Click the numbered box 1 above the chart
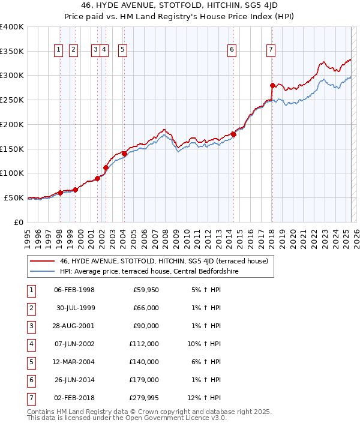pos(59,50)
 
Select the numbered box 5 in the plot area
pos(122,50)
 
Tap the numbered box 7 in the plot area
pos(271,50)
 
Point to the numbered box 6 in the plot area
pos(232,50)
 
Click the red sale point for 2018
pos(272,85)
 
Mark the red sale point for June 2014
pos(234,134)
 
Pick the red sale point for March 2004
pos(124,154)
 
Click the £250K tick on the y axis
pos(12,100)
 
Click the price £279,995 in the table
pos(142,398)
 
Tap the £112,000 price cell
pos(143,344)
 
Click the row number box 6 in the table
pos(31,380)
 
